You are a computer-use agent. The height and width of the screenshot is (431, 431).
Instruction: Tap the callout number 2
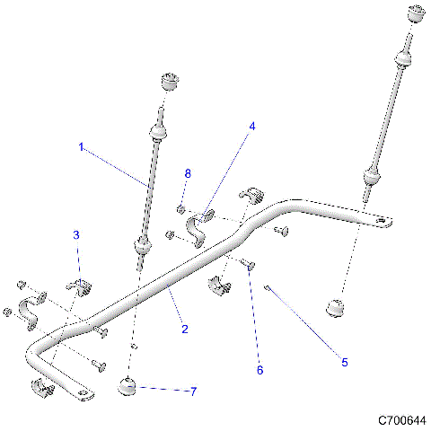click(185, 330)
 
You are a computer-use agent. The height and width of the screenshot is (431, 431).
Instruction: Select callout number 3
click(76, 235)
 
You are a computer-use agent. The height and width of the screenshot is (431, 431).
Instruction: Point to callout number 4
click(252, 127)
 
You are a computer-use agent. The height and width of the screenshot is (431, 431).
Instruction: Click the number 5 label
click(344, 362)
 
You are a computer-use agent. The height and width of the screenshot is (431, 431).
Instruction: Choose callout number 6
click(260, 369)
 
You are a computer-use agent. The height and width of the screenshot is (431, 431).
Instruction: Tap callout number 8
click(187, 173)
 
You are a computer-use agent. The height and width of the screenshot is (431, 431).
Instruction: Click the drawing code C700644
click(401, 419)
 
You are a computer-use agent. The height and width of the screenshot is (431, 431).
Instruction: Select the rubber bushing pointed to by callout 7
click(128, 387)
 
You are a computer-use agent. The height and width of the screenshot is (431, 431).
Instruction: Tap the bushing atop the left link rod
click(170, 82)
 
